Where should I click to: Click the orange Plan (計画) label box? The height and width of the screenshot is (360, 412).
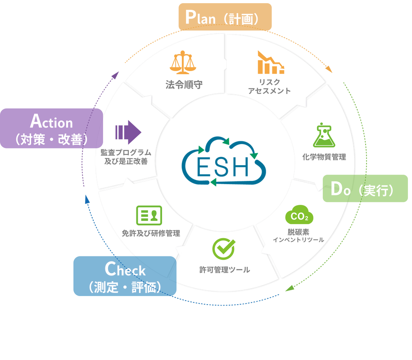click(x=225, y=17)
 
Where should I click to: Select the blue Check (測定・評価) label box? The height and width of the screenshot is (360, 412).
click(x=124, y=276)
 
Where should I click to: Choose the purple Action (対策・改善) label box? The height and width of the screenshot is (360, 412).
click(x=51, y=128)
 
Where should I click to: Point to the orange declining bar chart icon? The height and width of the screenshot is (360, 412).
click(x=271, y=63)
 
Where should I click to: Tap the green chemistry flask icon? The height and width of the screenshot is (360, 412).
click(x=324, y=135)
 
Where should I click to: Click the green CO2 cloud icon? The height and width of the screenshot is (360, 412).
click(x=299, y=216)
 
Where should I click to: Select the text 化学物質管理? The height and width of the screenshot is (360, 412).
click(x=324, y=157)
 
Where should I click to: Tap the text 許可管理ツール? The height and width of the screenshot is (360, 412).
click(x=224, y=270)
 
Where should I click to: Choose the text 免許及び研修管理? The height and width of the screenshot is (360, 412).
click(x=151, y=233)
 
